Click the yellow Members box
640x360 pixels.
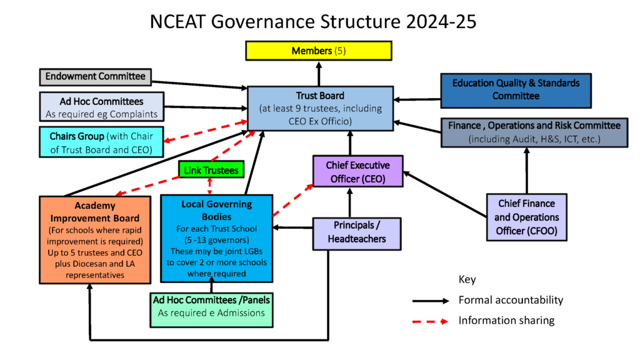[x=319, y=51]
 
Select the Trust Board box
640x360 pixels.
[x=321, y=109]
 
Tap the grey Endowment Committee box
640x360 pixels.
[x=96, y=77]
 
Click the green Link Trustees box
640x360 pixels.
[x=211, y=169]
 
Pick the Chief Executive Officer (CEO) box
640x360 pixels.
[x=358, y=171]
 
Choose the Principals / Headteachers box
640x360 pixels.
[x=357, y=234]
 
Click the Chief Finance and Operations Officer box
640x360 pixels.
[x=526, y=217]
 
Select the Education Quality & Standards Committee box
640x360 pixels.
[x=516, y=91]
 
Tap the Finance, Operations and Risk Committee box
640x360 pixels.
[x=534, y=132]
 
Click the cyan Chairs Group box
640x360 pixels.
[x=101, y=142]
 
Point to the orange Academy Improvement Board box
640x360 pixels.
[x=95, y=240]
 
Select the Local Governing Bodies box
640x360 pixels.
[x=217, y=239]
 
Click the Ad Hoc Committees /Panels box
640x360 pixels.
[x=211, y=310]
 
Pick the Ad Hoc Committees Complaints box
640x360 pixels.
[x=102, y=107]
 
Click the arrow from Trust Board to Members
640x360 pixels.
[x=319, y=74]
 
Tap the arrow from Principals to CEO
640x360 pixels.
[x=350, y=202]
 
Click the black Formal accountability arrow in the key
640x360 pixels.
[x=431, y=301]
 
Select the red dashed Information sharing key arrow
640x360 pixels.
[x=431, y=322]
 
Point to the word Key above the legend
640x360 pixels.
[x=467, y=279]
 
